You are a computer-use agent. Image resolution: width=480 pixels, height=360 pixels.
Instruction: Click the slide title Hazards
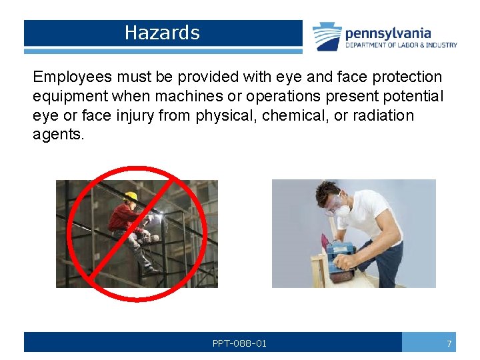[162, 33]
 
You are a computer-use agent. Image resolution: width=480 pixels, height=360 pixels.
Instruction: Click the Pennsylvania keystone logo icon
[327, 36]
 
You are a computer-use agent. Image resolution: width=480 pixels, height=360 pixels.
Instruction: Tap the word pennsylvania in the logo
[388, 33]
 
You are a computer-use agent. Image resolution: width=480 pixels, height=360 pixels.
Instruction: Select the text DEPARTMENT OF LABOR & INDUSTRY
[401, 45]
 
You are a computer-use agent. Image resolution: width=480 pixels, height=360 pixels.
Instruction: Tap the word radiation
[381, 116]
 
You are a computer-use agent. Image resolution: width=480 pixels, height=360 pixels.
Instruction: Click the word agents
[59, 135]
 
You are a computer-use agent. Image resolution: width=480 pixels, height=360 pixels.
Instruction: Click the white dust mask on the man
[341, 209]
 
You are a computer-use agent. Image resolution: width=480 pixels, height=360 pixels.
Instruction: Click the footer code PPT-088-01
[239, 343]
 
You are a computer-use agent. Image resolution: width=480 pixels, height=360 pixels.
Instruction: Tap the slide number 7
[449, 343]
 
